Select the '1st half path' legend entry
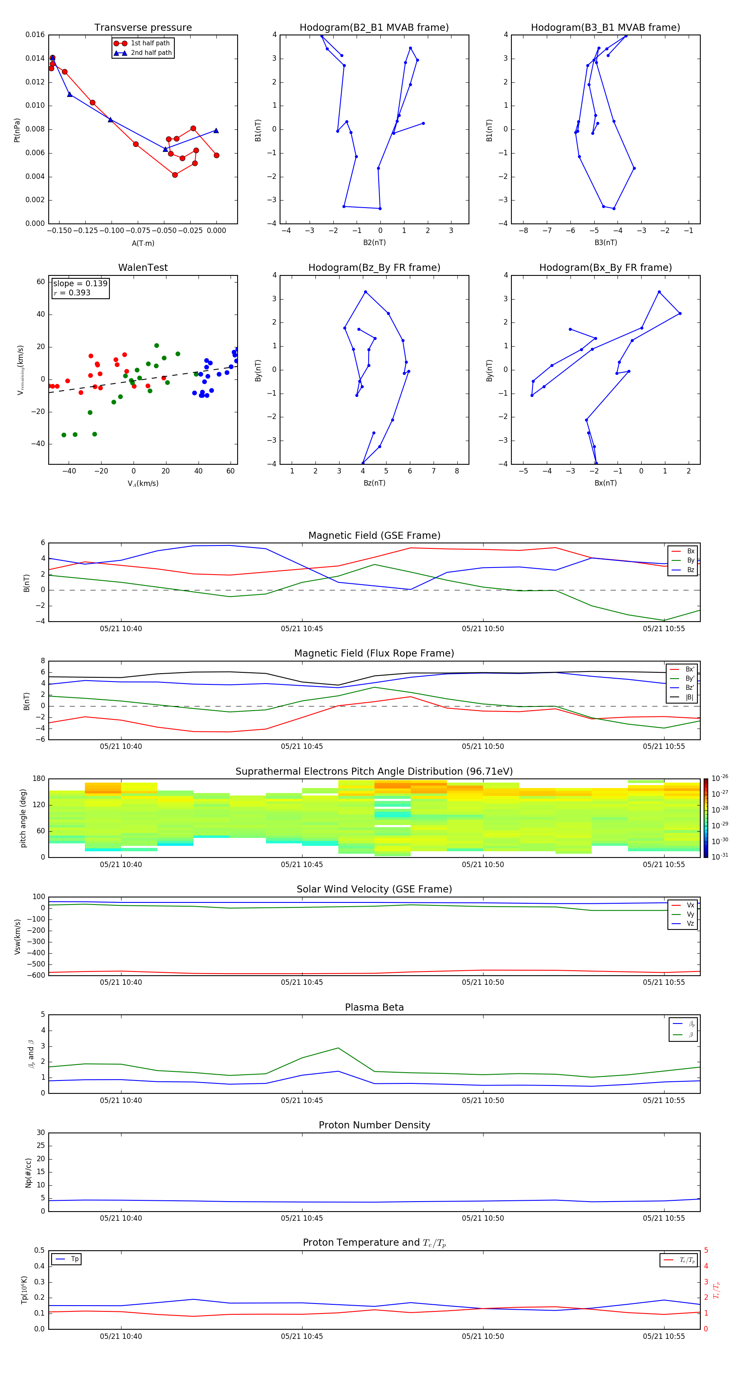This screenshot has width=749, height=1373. [x=150, y=43]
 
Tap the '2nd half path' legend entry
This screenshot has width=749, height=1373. [x=151, y=53]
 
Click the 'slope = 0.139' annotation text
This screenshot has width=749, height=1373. [x=80, y=284]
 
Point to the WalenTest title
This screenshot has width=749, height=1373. [x=143, y=268]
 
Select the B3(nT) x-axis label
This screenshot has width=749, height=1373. [x=605, y=243]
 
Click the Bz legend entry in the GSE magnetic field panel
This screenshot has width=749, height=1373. [x=690, y=570]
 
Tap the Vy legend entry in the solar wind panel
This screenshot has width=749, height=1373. [x=690, y=914]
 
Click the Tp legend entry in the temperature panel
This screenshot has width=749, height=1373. [x=74, y=1259]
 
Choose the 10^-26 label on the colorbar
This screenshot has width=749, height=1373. [x=719, y=778]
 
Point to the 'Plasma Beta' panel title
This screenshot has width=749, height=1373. [x=374, y=1007]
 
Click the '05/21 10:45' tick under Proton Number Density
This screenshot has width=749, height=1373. [x=302, y=1218]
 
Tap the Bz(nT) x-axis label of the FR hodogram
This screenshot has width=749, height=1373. [x=374, y=483]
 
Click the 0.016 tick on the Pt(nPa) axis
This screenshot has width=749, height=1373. [x=35, y=35]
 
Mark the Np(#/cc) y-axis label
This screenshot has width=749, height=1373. [x=28, y=1172]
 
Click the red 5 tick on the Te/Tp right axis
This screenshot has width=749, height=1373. [x=706, y=1250]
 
